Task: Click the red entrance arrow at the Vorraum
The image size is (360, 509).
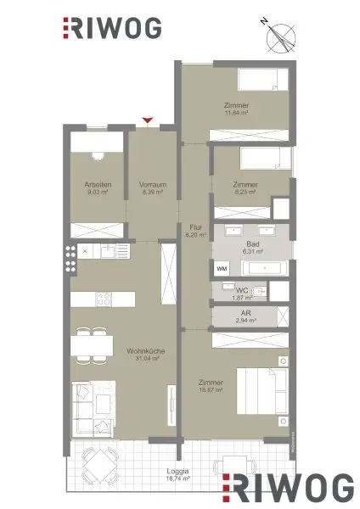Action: [149, 121]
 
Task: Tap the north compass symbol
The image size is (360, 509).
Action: [277, 36]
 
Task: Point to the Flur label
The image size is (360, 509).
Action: [194, 227]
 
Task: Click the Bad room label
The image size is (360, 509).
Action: [253, 243]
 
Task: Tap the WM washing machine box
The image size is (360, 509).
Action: [222, 268]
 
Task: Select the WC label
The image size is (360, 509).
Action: [242, 291]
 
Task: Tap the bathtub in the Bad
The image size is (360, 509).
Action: [266, 267]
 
